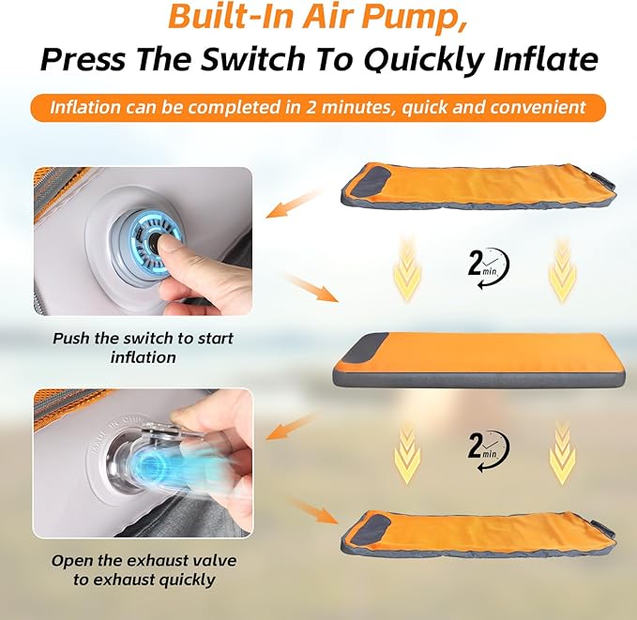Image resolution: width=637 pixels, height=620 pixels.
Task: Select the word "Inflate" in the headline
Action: pos(545,59)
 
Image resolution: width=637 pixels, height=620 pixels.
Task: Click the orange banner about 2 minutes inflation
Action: pos(318,107)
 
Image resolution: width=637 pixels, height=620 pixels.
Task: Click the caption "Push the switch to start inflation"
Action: pos(143,348)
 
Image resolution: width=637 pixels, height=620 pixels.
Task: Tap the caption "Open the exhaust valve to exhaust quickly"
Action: pos(144,569)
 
